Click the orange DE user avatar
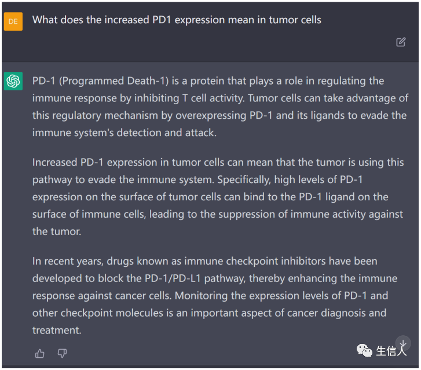13,21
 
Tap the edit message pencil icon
401,42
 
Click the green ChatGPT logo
13,81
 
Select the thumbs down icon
62,353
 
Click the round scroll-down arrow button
402,343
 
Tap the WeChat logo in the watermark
364,350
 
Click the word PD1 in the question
162,20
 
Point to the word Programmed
91,81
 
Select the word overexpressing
211,116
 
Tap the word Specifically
244,179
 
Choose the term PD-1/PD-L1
173,279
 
